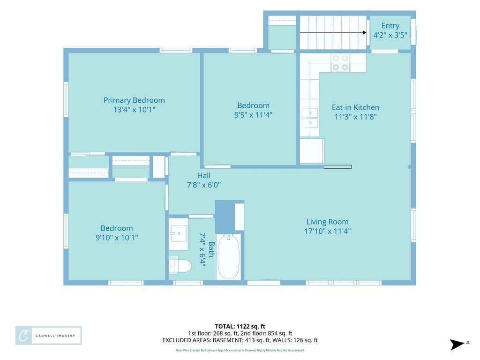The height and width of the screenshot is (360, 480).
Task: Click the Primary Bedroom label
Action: point(134,100)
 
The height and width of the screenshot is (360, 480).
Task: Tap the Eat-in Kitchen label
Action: point(355,107)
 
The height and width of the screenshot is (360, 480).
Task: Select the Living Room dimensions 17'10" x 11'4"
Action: point(327,231)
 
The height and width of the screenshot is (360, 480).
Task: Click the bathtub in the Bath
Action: point(228,256)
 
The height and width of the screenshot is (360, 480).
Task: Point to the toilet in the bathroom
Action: point(180,265)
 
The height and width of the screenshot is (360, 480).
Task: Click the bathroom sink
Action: point(178,233)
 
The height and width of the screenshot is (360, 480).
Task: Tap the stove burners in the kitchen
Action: point(340,63)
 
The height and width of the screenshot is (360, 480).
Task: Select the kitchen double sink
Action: point(310,118)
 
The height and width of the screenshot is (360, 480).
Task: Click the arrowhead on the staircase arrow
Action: point(365,32)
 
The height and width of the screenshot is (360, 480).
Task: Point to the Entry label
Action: point(390,26)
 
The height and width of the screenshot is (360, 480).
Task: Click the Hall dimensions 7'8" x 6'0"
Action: point(204,185)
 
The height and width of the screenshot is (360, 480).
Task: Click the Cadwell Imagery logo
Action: point(49,336)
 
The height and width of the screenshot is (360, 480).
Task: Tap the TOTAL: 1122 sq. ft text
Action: point(240,326)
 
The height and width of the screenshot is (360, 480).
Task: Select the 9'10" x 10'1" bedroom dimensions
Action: point(117,238)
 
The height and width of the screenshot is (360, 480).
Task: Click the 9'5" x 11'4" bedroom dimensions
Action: point(253,115)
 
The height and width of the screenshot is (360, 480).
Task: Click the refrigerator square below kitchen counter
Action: point(312,151)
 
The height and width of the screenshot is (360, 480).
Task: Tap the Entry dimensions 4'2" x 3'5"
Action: point(390,35)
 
